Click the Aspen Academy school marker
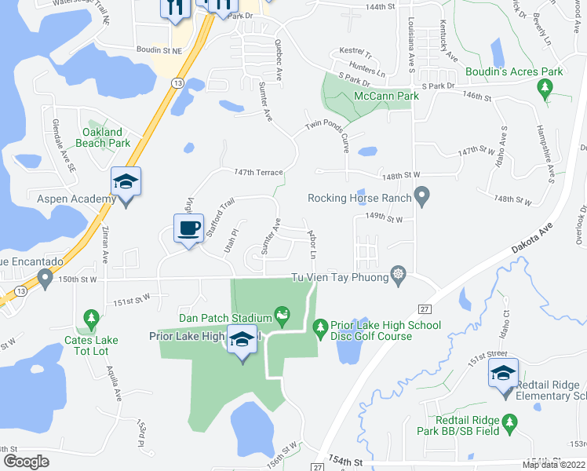pos(126,183)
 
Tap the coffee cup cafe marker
pos(188,228)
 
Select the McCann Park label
pos(385,96)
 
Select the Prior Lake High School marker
pos(242,340)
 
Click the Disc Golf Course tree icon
pos(320,325)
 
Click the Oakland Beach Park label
pos(107,137)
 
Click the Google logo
pos(26,462)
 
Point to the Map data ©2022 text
pos(553,465)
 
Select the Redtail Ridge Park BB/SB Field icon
pos(509,423)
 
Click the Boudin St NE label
pos(159,50)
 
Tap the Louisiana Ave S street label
pos(410,44)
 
